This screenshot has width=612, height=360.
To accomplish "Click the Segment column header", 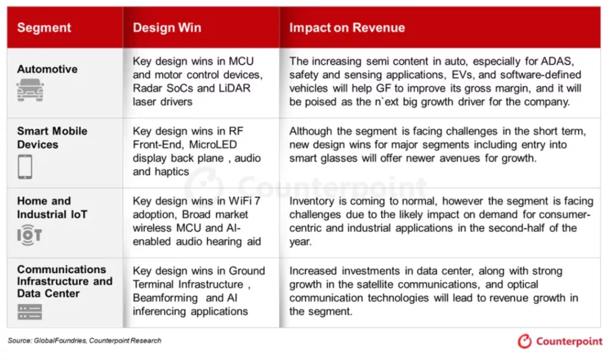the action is pos(44,28).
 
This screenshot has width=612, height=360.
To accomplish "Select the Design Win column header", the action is pos(167,28).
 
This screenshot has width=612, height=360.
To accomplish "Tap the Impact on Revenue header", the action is pos(347,28).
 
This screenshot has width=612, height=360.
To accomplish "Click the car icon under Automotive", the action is pos(30,90).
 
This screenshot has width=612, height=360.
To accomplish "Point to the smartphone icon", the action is pos(25,167).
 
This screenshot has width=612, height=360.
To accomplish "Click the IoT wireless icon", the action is pos(29,235).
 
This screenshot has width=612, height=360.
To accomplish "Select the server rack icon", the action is pos(30,312).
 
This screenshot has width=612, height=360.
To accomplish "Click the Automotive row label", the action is pos(47,69).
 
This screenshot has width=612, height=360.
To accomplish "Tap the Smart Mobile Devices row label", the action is pos(53,138).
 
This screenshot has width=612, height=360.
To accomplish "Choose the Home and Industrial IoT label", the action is pos(53,208).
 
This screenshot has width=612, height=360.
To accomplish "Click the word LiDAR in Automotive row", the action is pos(234,89).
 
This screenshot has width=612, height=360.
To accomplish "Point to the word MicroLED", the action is pos(213,145).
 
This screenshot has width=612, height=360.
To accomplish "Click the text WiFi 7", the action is pos(244,201).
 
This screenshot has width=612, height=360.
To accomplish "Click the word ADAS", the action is pos(557,62).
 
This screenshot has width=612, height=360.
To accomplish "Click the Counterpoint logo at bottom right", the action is pos(559,341).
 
